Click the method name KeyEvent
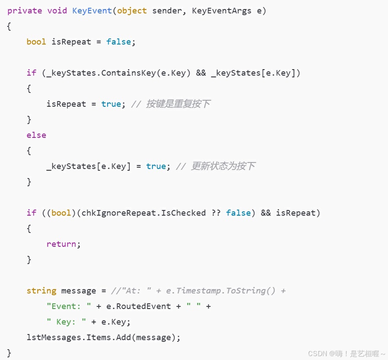[x=92, y=11]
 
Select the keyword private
[x=25, y=11]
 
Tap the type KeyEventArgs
[x=221, y=11]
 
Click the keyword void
[x=57, y=11]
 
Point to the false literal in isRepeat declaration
[x=118, y=42]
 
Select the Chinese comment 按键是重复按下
[x=178, y=104]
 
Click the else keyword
[x=36, y=135]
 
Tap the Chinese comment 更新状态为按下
[x=223, y=166]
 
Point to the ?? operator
[x=216, y=213]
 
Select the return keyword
[x=61, y=244]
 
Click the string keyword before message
[x=41, y=291]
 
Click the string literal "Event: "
[x=69, y=306]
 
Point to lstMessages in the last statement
[x=54, y=338]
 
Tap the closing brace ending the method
[x=10, y=353]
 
